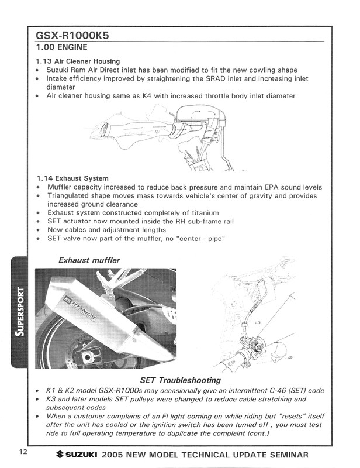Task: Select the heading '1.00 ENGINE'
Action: click(62, 47)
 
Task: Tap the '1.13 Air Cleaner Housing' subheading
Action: click(78, 61)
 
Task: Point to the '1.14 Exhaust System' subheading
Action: click(71, 178)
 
